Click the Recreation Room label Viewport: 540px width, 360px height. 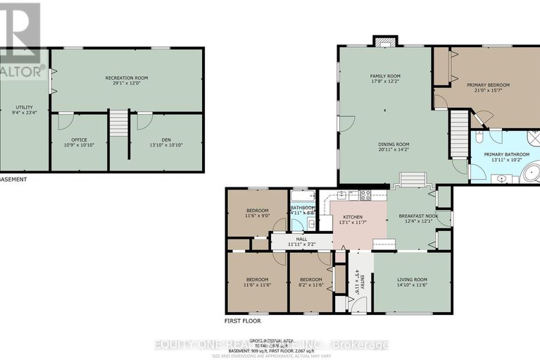[x=127, y=77]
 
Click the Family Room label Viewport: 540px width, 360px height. [x=385, y=75]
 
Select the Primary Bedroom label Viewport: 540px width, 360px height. [x=488, y=85]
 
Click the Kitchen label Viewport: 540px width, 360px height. [x=352, y=217]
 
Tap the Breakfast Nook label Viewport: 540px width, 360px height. [x=418, y=216]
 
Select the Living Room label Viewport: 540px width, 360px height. [x=413, y=280]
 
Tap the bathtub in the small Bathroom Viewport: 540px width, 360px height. [x=303, y=195]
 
